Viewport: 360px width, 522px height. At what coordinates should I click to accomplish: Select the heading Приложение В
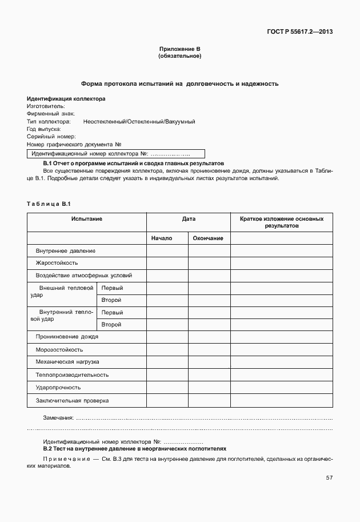pyautogui.click(x=179, y=50)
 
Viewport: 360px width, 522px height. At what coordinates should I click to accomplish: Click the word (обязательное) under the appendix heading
pyautogui.click(x=179, y=57)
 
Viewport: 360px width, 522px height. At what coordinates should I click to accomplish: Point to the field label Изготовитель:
pyautogui.click(x=46, y=106)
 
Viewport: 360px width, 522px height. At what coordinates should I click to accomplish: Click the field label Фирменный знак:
pyautogui.click(x=50, y=114)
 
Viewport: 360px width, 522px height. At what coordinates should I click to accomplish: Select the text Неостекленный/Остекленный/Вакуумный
pyautogui.click(x=139, y=122)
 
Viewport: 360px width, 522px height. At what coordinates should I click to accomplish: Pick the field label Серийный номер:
pyautogui.click(x=51, y=137)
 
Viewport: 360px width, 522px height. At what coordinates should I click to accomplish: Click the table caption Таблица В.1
pyautogui.click(x=48, y=204)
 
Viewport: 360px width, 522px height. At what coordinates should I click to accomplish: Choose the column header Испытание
pyautogui.click(x=87, y=219)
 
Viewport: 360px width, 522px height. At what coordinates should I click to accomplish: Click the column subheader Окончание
pyautogui.click(x=208, y=238)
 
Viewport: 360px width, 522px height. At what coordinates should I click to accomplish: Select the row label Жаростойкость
pyautogui.click(x=57, y=263)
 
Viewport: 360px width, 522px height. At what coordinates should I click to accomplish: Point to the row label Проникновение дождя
pyautogui.click(x=67, y=337)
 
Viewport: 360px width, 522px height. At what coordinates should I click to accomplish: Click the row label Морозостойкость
pyautogui.click(x=59, y=349)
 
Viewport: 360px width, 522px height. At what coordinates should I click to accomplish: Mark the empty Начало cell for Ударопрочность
pyautogui.click(x=167, y=388)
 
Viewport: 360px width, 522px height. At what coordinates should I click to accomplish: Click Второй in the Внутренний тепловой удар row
pyautogui.click(x=111, y=325)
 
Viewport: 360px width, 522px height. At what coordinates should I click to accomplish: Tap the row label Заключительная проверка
pyautogui.click(x=72, y=401)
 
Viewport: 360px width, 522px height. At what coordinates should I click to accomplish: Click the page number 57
pyautogui.click(x=329, y=478)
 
